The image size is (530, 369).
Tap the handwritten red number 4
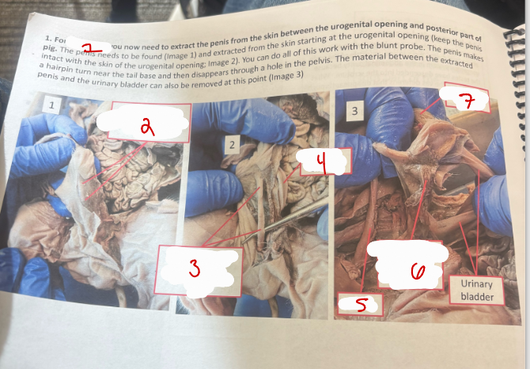pos(321,162)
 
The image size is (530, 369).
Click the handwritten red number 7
pos(466,101)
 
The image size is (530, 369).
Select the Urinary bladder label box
pos(475,290)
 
